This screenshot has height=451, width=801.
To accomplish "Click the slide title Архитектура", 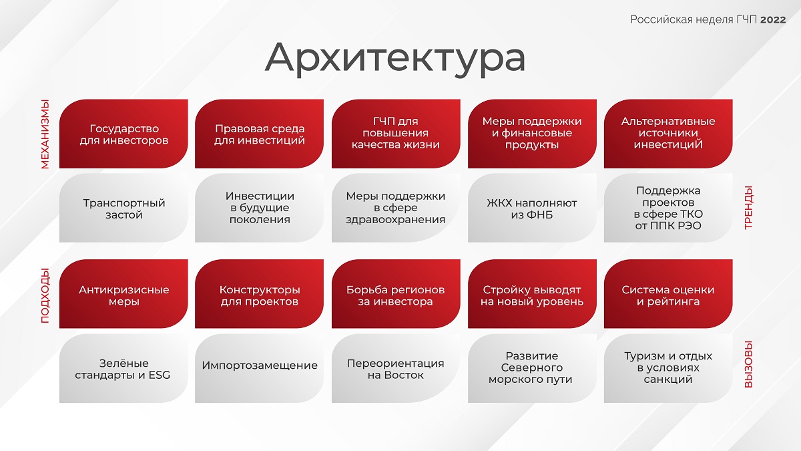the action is click(395, 58).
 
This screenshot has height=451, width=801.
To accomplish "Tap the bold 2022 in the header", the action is click(773, 19).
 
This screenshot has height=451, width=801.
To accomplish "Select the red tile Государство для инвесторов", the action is click(123, 134).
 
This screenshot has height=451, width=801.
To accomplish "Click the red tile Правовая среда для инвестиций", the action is click(259, 134).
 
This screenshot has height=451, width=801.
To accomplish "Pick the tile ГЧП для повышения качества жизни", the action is click(396, 134).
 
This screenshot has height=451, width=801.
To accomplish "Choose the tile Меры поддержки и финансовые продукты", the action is click(532, 134).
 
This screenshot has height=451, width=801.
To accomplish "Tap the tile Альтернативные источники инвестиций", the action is click(668, 134).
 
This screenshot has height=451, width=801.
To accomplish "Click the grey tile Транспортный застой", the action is click(123, 208).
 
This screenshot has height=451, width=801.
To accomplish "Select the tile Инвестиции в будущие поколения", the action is click(259, 208).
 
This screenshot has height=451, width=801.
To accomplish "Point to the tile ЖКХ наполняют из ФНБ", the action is click(532, 208).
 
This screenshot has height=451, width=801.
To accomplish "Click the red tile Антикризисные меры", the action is click(123, 294).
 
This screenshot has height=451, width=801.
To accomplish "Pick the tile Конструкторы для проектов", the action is click(259, 294).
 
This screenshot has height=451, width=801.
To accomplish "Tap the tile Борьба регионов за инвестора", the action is click(396, 294).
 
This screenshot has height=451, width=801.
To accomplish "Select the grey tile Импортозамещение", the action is click(259, 368).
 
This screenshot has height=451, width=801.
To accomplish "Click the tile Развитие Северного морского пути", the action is click(532, 368).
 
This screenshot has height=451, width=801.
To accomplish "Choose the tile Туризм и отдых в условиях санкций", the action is click(668, 368).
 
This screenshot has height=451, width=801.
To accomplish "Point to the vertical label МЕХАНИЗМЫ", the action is click(45, 134).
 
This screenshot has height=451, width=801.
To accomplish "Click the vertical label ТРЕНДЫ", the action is click(748, 208).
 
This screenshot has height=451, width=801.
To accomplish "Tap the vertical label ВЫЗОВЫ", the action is click(748, 364).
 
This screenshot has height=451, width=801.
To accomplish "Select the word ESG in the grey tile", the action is click(159, 375).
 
